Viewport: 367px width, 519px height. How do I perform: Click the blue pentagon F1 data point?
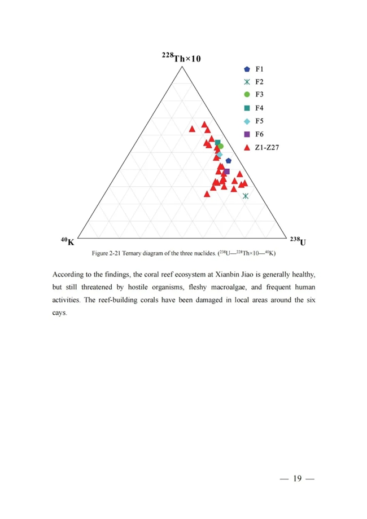pos(229,161)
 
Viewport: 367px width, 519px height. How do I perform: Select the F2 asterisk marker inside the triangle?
pos(246,196)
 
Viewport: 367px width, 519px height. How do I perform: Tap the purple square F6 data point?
pos(227,171)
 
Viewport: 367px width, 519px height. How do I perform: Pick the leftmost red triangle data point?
pos(193,129)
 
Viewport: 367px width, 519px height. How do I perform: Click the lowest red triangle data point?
pos(207,194)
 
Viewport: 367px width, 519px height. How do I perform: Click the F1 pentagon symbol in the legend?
pos(247,69)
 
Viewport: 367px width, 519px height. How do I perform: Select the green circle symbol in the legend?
pos(247,94)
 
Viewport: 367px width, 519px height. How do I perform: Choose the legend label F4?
pos(260,108)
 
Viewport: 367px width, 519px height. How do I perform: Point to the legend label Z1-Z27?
pos(268,147)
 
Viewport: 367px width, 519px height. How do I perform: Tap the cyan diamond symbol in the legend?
pos(247,121)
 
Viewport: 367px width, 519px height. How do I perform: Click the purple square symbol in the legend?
pos(247,134)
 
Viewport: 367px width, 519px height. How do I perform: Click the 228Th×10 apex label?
pos(181,58)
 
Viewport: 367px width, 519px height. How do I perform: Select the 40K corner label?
pos(67,241)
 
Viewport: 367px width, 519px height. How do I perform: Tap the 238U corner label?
pos(298,241)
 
